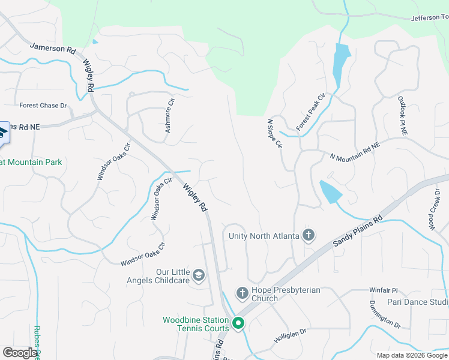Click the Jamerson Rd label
52,47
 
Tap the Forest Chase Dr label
43,106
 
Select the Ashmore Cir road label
170,116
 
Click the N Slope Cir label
274,134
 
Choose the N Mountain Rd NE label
355,152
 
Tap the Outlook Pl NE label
403,116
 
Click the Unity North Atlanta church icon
309,235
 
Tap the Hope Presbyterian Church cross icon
242,293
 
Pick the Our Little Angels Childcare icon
199,275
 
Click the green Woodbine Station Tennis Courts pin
238,325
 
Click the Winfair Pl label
383,290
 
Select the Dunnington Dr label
384,313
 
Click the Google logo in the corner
20,353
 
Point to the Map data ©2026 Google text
412,355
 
